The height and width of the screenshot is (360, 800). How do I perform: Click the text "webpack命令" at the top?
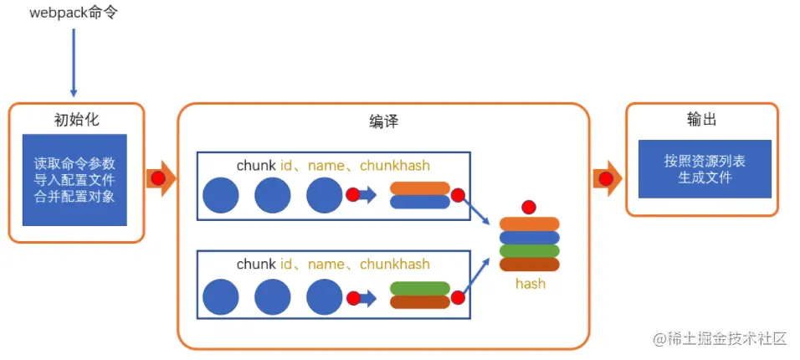pos(74,13)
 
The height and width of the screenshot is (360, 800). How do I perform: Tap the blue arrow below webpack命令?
pos(74,62)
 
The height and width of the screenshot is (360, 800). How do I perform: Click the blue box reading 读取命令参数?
pos(74,180)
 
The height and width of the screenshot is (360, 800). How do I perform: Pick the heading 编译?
pos(383,121)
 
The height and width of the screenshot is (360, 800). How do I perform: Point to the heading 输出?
pos(701,119)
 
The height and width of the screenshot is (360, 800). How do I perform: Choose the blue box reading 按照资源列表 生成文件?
pos(705,169)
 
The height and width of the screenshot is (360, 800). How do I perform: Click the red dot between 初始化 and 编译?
pos(158,178)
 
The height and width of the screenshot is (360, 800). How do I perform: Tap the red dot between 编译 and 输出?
pos(606,178)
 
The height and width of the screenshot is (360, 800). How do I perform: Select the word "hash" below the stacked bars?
pos(530,284)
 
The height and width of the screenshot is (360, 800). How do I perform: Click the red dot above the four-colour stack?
pos(529,207)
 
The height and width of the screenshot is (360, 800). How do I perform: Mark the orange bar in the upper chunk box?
pos(420,188)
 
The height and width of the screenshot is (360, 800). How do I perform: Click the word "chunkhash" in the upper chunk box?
pos(395,166)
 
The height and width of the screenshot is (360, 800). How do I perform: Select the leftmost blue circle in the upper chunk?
pos(221,195)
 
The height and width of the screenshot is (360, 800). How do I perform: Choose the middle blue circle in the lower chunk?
pos(273,297)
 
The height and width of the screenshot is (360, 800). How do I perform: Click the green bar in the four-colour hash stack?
pos(530,251)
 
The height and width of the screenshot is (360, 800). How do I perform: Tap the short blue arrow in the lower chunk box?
pos(367,298)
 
